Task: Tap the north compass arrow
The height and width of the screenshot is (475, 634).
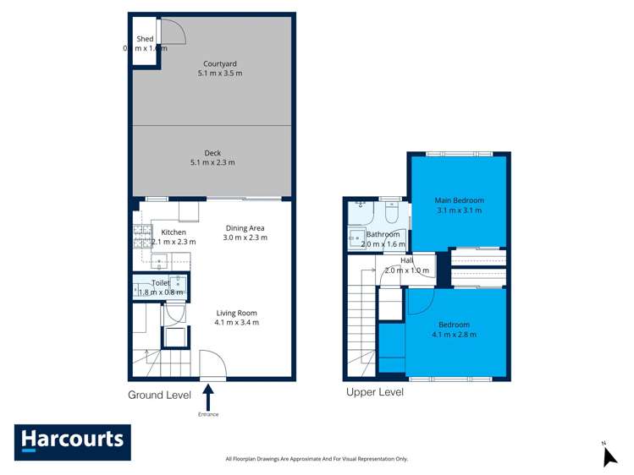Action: pyautogui.click(x=609, y=456)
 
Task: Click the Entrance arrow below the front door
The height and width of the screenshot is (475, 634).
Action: pyautogui.click(x=208, y=398)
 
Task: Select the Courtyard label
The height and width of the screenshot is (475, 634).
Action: pyautogui.click(x=220, y=68)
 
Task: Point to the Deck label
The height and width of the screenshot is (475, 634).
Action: pyautogui.click(x=212, y=158)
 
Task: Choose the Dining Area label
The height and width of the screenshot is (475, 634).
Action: pyautogui.click(x=245, y=232)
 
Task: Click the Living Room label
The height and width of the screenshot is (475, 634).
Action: pyautogui.click(x=236, y=317)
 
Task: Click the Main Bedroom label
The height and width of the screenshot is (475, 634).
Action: pyautogui.click(x=459, y=205)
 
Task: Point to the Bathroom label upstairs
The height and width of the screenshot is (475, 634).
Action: pyautogui.click(x=383, y=239)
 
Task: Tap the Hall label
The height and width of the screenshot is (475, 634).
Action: pyautogui.click(x=407, y=265)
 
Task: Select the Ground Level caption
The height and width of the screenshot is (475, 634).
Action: pyautogui.click(x=159, y=395)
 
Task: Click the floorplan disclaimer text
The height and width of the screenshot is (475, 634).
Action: pyautogui.click(x=317, y=459)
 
